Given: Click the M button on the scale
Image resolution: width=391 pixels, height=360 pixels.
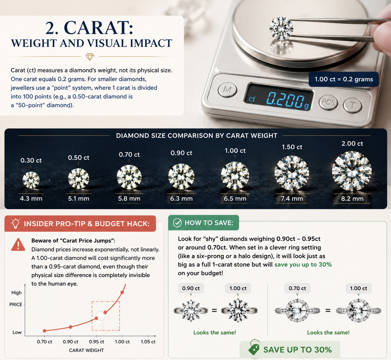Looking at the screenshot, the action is (x=227, y=90).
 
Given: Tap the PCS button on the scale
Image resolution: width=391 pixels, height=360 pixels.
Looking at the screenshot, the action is (x=329, y=102).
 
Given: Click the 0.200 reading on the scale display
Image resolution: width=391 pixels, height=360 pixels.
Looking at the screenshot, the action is (x=285, y=100).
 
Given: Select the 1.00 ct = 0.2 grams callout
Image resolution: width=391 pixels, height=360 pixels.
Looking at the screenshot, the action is (x=344, y=79).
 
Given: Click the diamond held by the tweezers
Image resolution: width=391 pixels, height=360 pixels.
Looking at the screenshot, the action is (x=281, y=28).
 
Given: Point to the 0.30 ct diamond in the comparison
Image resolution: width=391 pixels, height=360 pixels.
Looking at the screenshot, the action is (x=31, y=180).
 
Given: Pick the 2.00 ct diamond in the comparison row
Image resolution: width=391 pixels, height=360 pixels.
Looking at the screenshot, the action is (x=352, y=171).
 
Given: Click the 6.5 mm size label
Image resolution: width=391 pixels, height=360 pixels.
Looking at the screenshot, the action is (x=235, y=198).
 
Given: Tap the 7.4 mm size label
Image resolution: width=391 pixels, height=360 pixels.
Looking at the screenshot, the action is (x=292, y=198).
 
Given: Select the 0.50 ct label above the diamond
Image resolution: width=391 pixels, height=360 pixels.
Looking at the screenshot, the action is (x=79, y=157).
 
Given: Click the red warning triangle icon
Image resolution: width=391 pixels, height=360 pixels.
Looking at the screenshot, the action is (x=18, y=245).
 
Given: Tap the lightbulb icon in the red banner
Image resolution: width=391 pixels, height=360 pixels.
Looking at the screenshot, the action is (x=16, y=224).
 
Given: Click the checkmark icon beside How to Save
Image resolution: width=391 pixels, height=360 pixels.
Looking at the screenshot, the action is (x=177, y=223).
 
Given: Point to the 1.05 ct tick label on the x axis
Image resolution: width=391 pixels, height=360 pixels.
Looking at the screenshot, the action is (x=148, y=342).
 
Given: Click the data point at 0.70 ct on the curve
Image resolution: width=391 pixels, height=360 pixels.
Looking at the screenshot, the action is (x=45, y=331).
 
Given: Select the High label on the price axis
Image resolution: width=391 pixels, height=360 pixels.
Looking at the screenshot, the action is (x=16, y=292).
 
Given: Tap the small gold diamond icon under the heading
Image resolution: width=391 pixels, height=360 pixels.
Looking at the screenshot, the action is (x=90, y=57).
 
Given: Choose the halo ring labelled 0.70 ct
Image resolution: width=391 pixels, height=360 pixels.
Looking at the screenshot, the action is (x=297, y=310).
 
